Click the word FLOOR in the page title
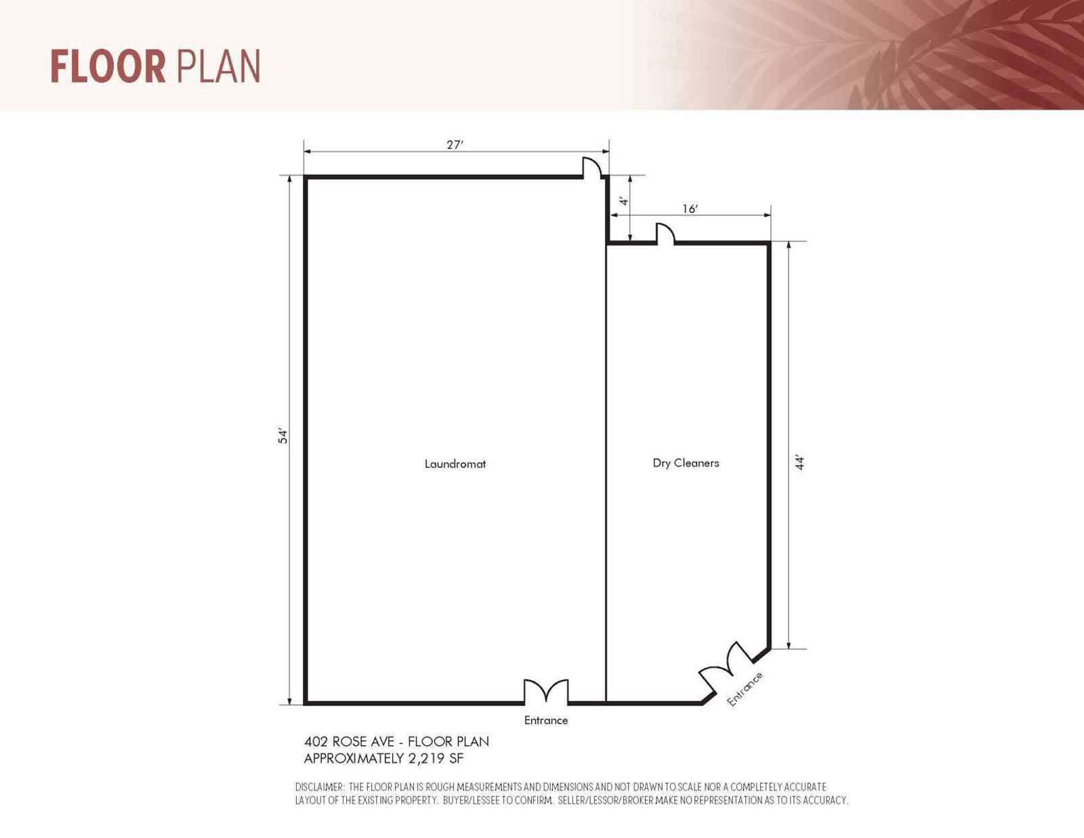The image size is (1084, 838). (108, 67)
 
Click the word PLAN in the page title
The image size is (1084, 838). (218, 67)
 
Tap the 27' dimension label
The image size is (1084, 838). (455, 144)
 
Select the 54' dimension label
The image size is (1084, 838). (283, 436)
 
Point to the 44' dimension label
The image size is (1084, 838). (800, 462)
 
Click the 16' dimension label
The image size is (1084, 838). (690, 209)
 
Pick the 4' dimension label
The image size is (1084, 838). (623, 201)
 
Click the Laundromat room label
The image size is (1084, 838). (455, 464)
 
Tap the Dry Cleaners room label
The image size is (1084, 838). (686, 463)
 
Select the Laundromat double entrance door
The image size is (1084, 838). (546, 692)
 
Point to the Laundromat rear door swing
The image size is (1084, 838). (593, 167)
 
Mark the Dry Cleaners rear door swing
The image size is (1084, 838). (665, 233)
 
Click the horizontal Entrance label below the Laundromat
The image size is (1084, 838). (546, 720)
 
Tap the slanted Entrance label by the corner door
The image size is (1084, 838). (745, 689)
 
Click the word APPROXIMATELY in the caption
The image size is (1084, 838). (354, 758)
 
